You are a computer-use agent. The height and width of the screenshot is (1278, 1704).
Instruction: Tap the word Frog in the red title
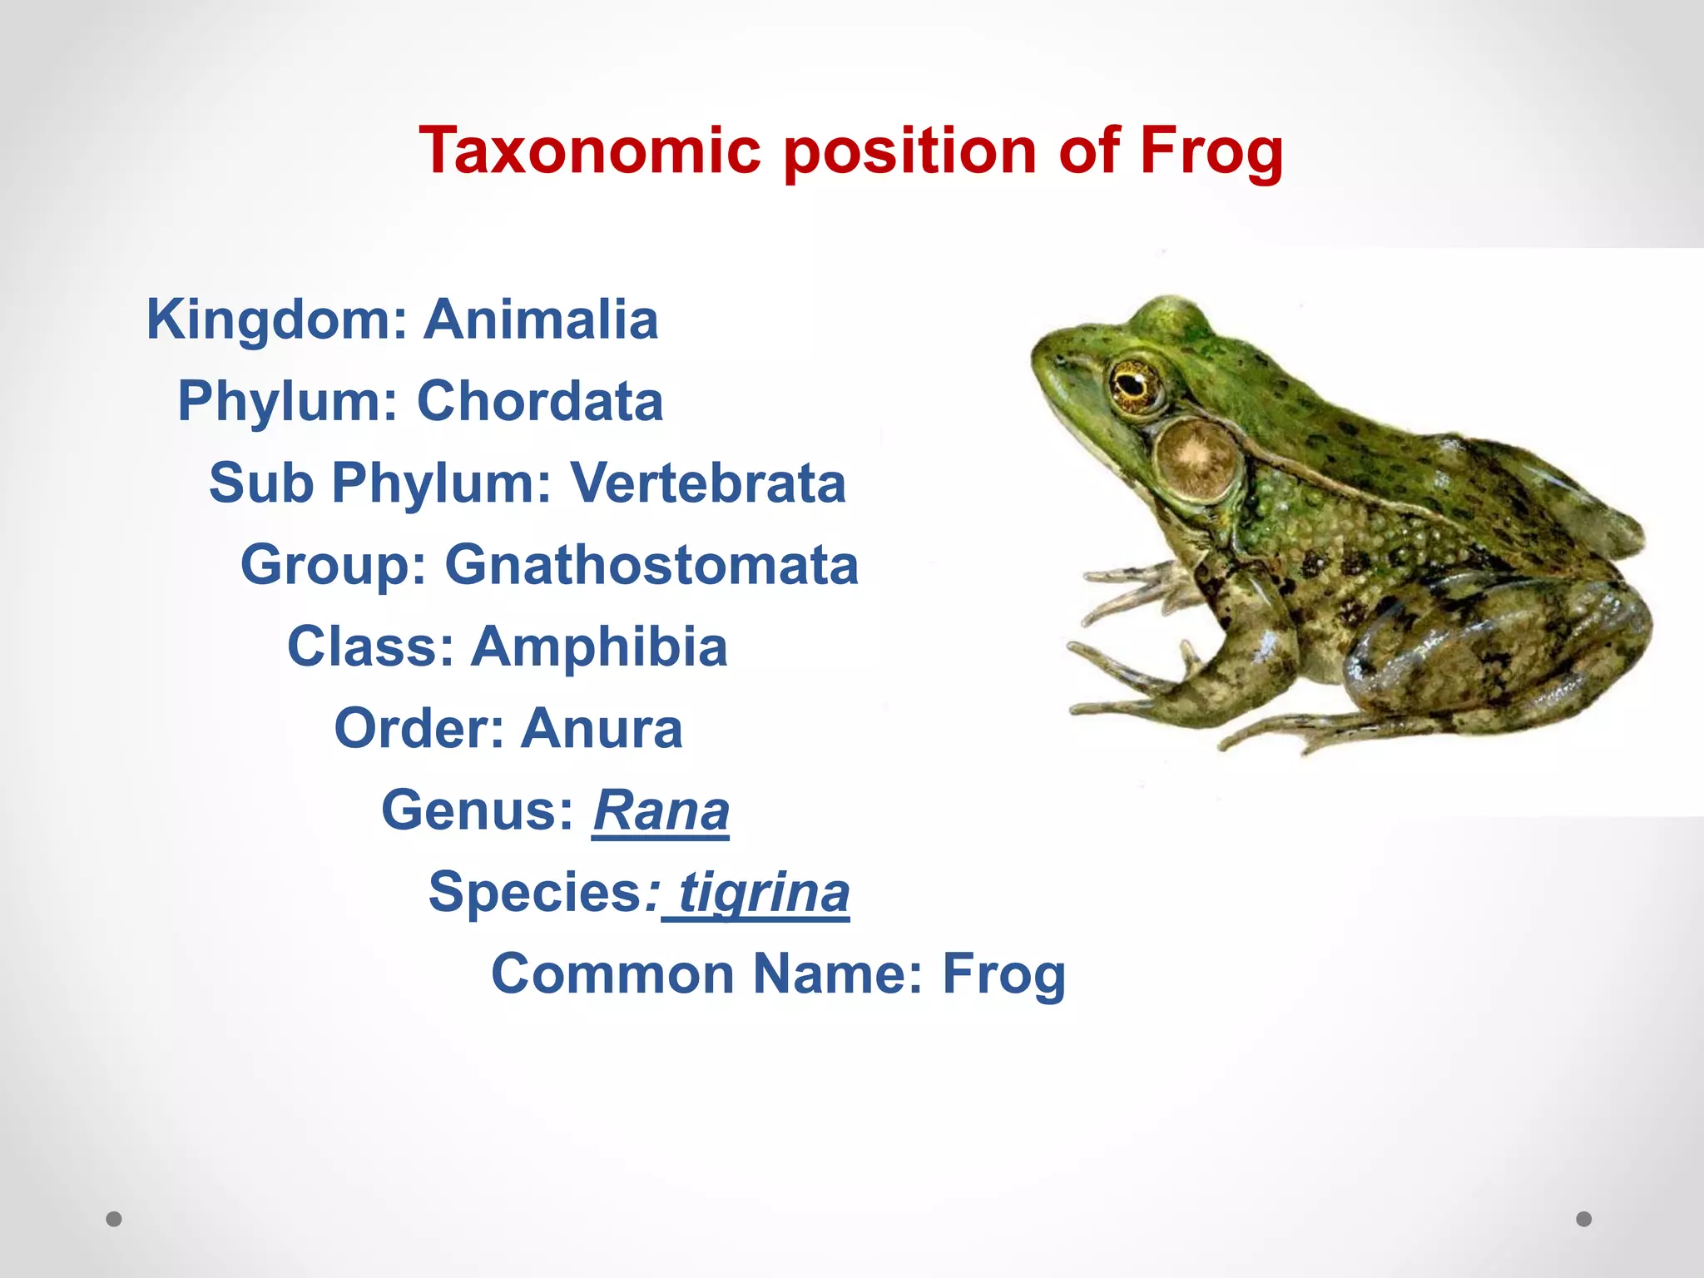(x=1211, y=152)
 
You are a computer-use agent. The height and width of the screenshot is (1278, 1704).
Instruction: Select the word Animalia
(x=541, y=319)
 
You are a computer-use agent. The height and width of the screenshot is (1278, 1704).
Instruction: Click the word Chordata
(x=540, y=401)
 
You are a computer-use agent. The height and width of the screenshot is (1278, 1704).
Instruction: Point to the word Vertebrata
(x=707, y=483)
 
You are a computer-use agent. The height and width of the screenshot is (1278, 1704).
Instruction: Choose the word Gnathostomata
(x=651, y=564)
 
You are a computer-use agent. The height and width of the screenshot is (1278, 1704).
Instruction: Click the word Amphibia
(x=599, y=646)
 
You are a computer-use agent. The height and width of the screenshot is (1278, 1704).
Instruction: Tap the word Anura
(x=602, y=728)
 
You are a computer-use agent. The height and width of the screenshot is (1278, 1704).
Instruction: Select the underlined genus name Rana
(x=661, y=810)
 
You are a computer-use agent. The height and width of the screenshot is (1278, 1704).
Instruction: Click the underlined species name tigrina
(x=764, y=892)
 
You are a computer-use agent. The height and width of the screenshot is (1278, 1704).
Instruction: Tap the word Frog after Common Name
(x=1003, y=974)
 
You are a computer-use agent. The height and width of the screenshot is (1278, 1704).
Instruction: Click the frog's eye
(x=1133, y=384)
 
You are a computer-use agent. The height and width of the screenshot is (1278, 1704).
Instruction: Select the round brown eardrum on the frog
(x=1196, y=458)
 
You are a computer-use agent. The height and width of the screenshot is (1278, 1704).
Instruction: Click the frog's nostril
(x=1061, y=359)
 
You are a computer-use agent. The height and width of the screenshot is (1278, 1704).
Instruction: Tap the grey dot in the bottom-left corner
(x=114, y=1219)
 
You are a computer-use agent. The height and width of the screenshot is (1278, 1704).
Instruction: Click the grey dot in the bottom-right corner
(x=1584, y=1219)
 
